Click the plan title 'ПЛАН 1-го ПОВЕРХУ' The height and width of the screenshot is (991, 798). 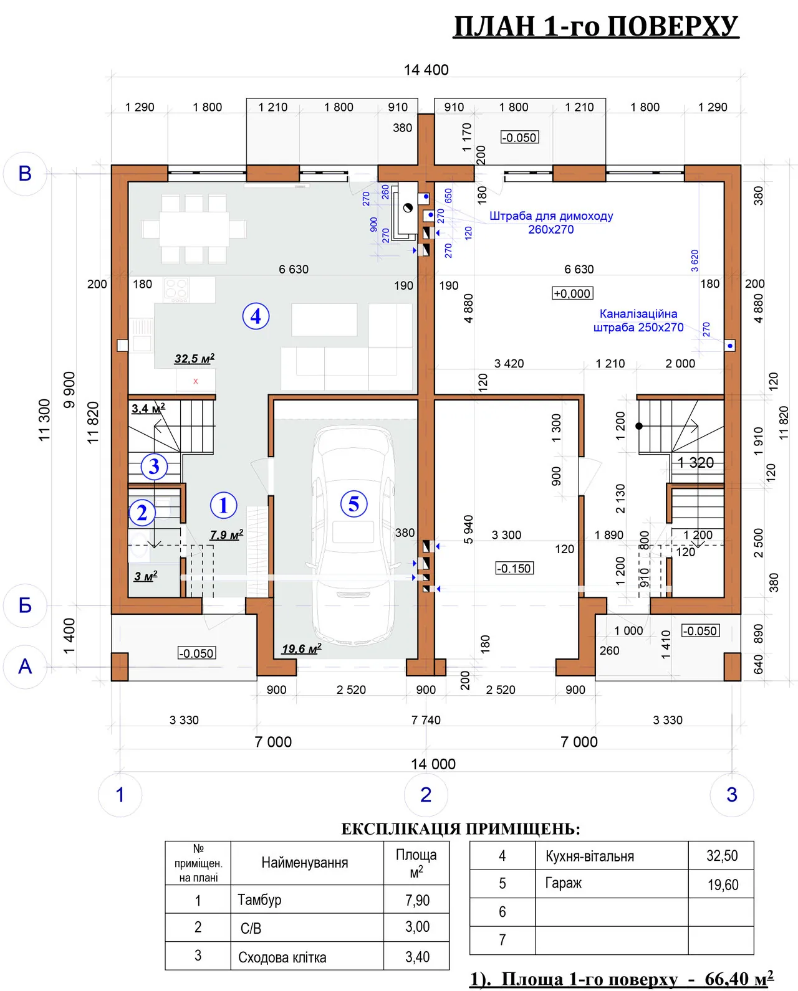tap(596, 26)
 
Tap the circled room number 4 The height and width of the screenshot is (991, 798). tap(256, 316)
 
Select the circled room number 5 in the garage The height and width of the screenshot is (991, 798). tap(353, 503)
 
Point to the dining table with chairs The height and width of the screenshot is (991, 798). tap(194, 229)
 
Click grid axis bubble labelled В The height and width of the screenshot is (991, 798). tap(26, 174)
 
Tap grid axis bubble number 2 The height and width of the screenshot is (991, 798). tap(426, 795)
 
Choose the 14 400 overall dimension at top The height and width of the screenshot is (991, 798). tap(426, 70)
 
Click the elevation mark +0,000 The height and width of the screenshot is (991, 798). tap(572, 293)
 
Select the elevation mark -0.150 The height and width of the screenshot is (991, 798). tap(514, 568)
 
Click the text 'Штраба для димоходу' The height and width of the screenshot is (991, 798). tap(551, 216)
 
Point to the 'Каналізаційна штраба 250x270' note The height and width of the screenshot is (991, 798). tap(638, 321)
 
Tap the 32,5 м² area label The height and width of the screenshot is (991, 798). tap(194, 359)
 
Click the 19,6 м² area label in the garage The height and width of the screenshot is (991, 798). tap(302, 649)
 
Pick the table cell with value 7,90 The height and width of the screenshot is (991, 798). tap(417, 900)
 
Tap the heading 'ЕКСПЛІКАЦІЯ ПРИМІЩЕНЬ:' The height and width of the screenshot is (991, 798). tap(461, 830)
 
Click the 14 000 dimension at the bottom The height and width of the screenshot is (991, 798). tap(433, 764)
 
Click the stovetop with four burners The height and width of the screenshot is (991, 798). tap(176, 290)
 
